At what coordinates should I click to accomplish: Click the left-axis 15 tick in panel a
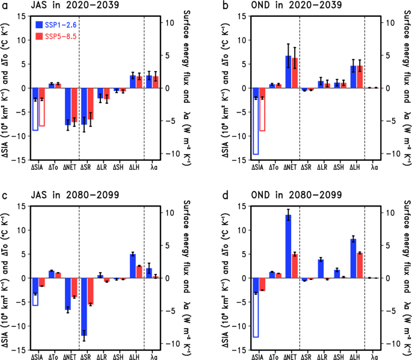click(23, 16)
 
